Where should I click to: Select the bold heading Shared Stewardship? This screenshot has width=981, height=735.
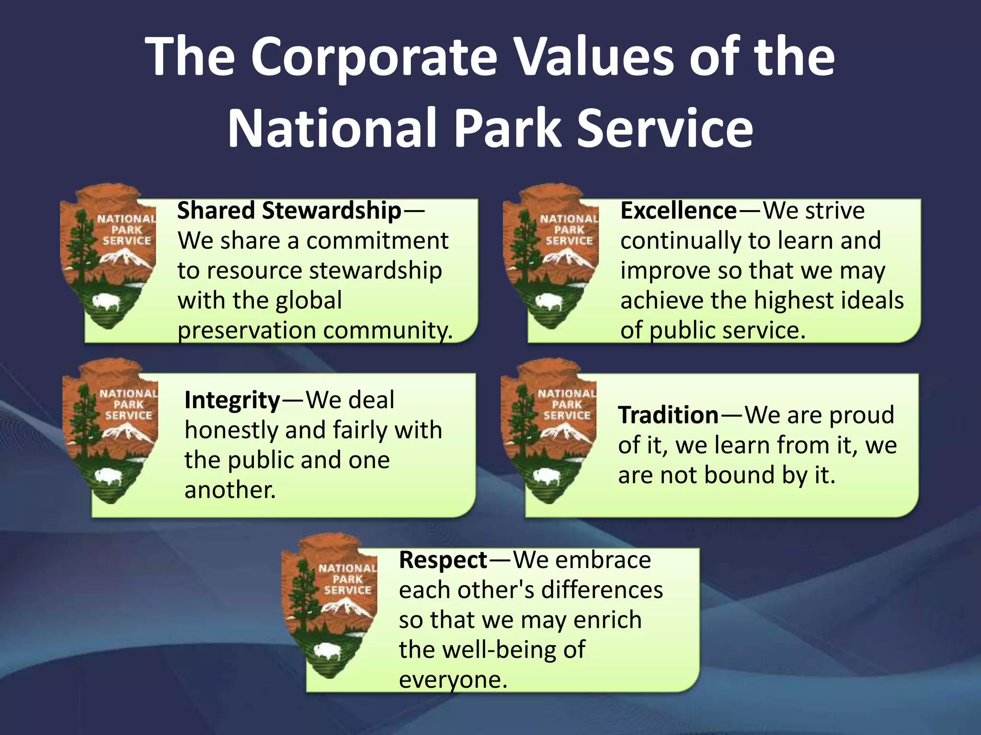pyautogui.click(x=289, y=211)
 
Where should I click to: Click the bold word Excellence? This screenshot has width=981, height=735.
pyautogui.click(x=678, y=211)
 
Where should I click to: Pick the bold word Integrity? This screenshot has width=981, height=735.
pyautogui.click(x=232, y=400)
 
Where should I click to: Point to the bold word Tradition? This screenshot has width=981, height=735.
pyautogui.click(x=668, y=415)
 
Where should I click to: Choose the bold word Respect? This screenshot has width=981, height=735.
pyautogui.click(x=443, y=560)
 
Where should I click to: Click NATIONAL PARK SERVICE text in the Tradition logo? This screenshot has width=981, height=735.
pyautogui.click(x=567, y=404)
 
